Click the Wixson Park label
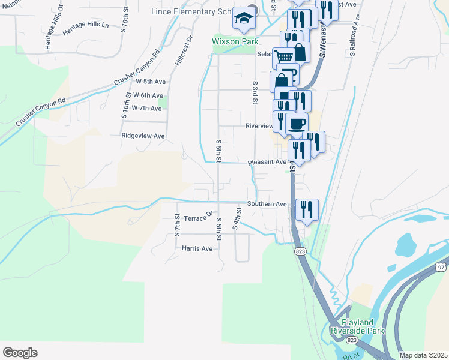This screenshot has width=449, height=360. [235, 42]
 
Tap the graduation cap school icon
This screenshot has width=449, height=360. [245, 20]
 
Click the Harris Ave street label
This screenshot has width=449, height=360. [197, 248]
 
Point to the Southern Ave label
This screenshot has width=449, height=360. [268, 204]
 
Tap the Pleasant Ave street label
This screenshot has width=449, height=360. [268, 162]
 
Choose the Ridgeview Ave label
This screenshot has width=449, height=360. [143, 136]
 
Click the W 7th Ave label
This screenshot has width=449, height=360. [147, 109]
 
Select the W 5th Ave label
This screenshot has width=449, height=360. [150, 81]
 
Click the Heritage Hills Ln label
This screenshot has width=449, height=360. [85, 25]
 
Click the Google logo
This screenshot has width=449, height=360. [20, 353]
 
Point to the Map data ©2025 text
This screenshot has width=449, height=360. [423, 355]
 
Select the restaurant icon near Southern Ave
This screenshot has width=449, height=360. [307, 210]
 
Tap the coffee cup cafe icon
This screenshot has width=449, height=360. [297, 124]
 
